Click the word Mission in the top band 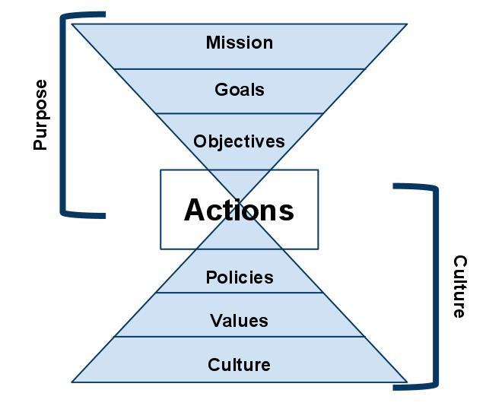pyautogui.click(x=239, y=43)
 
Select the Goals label pyautogui.click(x=239, y=90)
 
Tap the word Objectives pyautogui.click(x=239, y=141)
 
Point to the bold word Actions pyautogui.click(x=239, y=209)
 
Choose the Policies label pyautogui.click(x=239, y=277)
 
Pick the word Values pyautogui.click(x=239, y=321)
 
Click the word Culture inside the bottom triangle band pyautogui.click(x=239, y=365)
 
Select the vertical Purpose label pyautogui.click(x=40, y=114)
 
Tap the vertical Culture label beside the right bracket pyautogui.click(x=460, y=287)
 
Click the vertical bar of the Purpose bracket pyautogui.click(x=62, y=114)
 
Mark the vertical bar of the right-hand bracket pyautogui.click(x=436, y=287)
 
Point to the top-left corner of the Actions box pyautogui.click(x=160, y=170)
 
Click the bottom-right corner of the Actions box pyautogui.click(x=318, y=249)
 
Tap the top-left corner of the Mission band pyautogui.click(x=72, y=24)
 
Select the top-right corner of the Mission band pyautogui.click(x=406, y=24)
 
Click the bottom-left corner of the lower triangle pyautogui.click(x=72, y=382)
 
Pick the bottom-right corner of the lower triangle pyautogui.click(x=406, y=382)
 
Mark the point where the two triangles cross pyautogui.click(x=240, y=203)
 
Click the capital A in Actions pyautogui.click(x=195, y=210)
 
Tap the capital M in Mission pyautogui.click(x=213, y=43)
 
